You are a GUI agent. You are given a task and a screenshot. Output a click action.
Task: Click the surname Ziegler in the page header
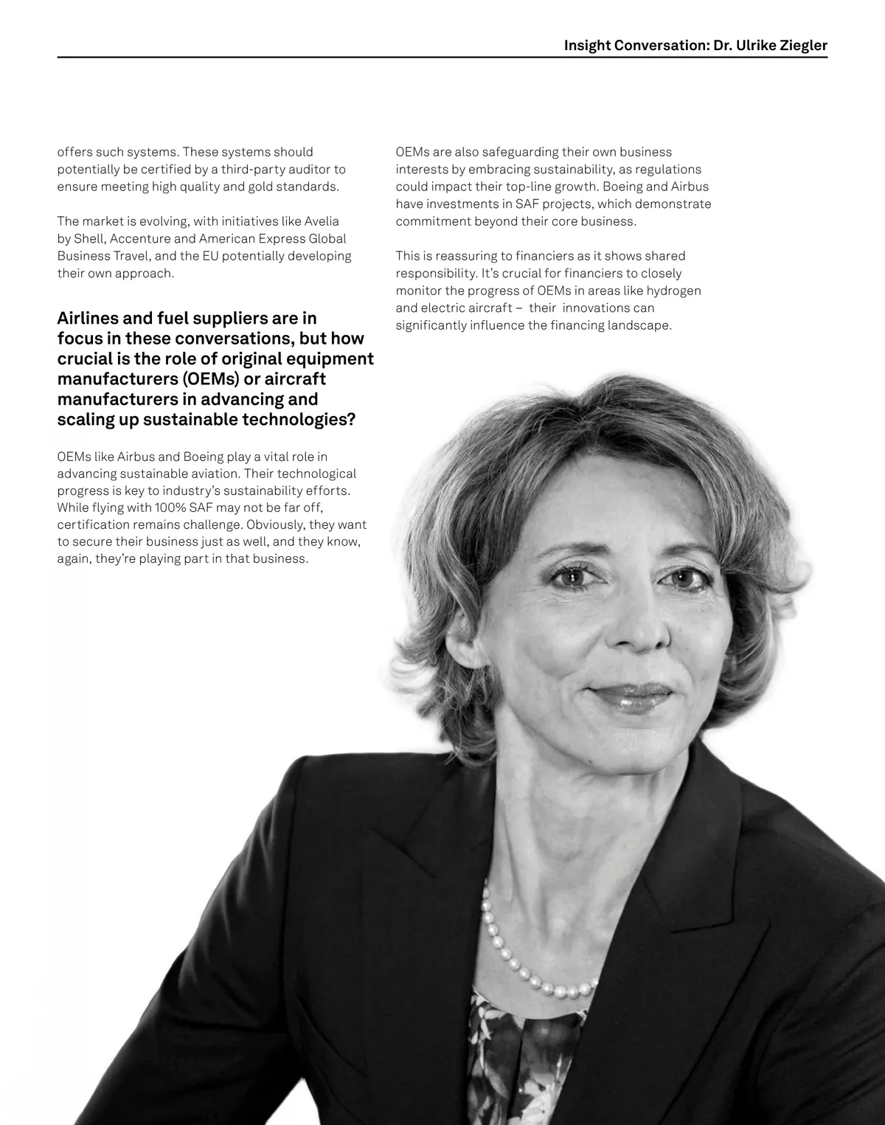803,46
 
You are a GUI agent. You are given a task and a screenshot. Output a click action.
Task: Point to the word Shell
89,239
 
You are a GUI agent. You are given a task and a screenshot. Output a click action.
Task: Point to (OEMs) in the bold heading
209,379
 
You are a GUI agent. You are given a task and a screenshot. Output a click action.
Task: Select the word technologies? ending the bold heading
299,420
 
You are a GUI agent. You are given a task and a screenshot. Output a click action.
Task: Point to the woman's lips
631,696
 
